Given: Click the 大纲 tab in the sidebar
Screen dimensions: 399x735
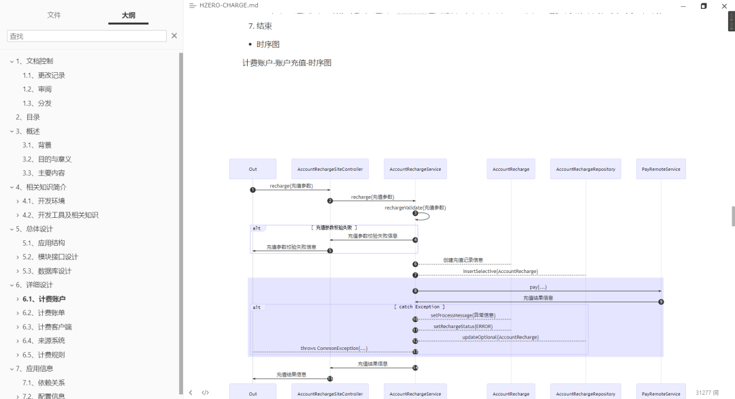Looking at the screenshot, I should coord(128,15).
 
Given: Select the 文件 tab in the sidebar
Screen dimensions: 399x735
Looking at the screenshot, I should coord(54,15).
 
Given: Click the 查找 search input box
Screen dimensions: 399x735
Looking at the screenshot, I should coord(86,36).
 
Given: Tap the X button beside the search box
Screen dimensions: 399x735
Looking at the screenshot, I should coord(174,36).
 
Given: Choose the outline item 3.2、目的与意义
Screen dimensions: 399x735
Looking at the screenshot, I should coord(47,159).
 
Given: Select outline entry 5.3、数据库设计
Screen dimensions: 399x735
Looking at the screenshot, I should coord(47,271).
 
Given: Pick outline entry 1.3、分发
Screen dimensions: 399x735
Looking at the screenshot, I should coord(37,103).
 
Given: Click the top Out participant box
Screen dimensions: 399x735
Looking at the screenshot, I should coord(252,169).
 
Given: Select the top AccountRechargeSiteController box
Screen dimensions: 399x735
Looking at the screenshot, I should coord(330,169).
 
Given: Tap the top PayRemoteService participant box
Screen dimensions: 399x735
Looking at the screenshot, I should coord(661,169).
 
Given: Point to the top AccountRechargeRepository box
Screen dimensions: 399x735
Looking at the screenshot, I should coord(585,169).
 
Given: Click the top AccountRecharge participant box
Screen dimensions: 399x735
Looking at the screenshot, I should coord(510,169).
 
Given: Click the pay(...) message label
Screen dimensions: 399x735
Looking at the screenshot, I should coord(538,287).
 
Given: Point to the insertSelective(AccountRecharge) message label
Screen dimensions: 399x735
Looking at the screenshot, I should coord(500,271).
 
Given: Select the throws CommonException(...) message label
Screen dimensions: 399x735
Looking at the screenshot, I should coord(333,348).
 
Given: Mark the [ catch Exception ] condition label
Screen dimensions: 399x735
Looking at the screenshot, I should coord(419,307).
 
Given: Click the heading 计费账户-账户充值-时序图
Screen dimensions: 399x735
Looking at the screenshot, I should coord(287,63).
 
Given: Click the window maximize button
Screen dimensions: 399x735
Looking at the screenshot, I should coord(704,5).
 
